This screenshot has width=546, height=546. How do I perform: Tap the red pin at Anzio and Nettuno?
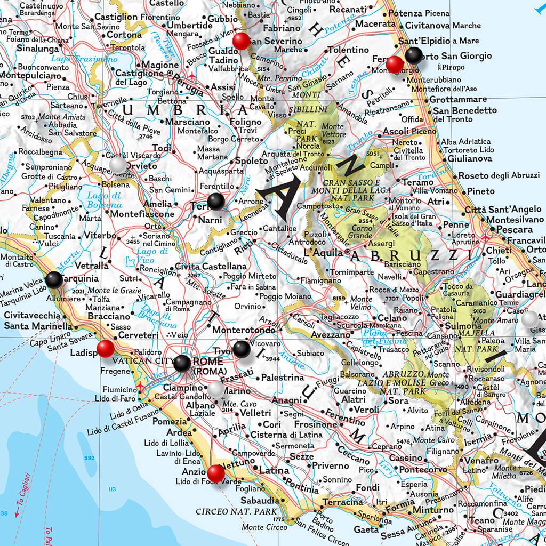pyautogui.click(x=216, y=472)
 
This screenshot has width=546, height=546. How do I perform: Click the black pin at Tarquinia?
pyautogui.click(x=54, y=279)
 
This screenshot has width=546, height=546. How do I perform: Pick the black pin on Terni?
pyautogui.click(x=216, y=201)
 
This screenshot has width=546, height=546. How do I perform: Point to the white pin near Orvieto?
pyautogui.click(x=118, y=165)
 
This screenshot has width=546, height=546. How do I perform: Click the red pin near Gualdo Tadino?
pyautogui.click(x=242, y=41)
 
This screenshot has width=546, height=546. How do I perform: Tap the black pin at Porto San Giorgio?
pyautogui.click(x=414, y=55)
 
